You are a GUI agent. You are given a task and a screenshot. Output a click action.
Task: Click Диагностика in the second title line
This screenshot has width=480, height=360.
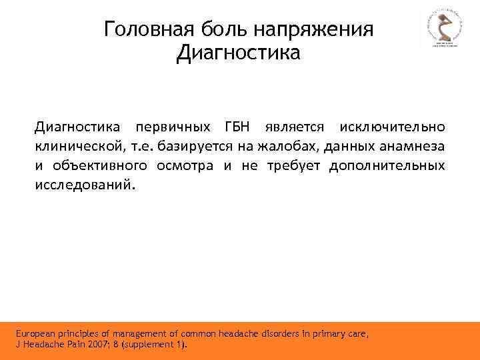tap(239, 52)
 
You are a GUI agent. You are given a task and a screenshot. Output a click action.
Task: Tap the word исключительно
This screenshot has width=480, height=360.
tap(391, 127)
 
